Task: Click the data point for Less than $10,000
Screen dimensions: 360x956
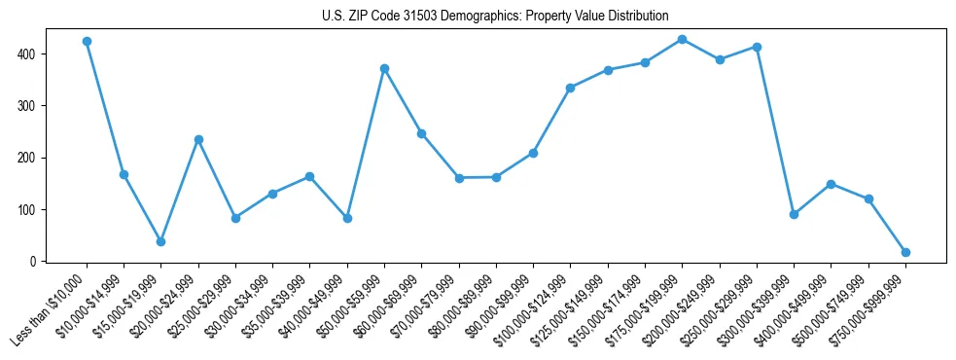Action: coord(87,42)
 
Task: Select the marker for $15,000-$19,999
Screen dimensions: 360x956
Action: coord(161,241)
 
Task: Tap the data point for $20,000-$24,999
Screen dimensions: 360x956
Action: coord(198,139)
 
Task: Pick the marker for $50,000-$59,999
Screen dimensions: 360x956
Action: coord(385,68)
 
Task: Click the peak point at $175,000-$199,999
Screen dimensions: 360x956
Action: coord(682,39)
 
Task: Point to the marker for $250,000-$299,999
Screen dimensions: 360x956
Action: coord(757,47)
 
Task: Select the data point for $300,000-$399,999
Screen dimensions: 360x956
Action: coord(794,214)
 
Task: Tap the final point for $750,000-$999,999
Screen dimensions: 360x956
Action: coord(905,252)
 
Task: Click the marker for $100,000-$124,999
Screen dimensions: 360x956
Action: coord(570,88)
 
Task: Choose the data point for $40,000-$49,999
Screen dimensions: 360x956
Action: coord(347,218)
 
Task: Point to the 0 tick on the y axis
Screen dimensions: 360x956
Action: coord(37,262)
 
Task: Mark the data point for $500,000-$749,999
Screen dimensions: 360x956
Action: coord(868,198)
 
